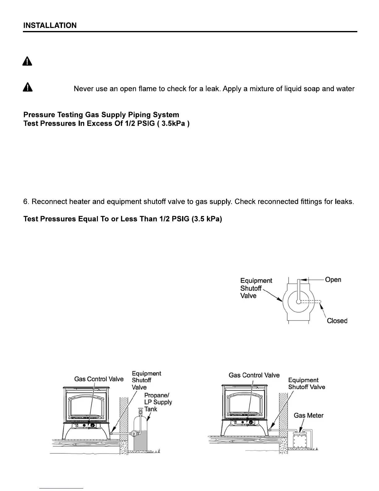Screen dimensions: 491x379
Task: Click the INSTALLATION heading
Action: pyautogui.click(x=50, y=25)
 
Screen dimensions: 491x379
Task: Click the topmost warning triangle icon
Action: pyautogui.click(x=27, y=62)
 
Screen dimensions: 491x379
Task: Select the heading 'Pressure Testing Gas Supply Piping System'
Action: pyautogui.click(x=101, y=115)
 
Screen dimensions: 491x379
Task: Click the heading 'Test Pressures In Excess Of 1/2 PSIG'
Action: pyautogui.click(x=107, y=123)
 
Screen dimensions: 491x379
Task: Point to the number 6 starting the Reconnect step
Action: pyautogui.click(x=26, y=202)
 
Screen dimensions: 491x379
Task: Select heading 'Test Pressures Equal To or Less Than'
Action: pyautogui.click(x=123, y=219)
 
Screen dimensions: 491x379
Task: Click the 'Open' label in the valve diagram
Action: pyautogui.click(x=333, y=280)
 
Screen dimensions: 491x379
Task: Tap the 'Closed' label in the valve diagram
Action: pyautogui.click(x=337, y=321)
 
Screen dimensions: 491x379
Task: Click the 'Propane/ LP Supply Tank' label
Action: pyautogui.click(x=158, y=402)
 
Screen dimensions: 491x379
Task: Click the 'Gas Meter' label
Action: pyautogui.click(x=308, y=415)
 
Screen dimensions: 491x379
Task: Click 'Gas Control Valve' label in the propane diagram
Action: pyautogui.click(x=99, y=379)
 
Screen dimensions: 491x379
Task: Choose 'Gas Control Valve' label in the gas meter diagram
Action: pyautogui.click(x=254, y=375)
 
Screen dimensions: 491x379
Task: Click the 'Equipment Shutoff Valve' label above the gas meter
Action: pyautogui.click(x=307, y=383)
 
